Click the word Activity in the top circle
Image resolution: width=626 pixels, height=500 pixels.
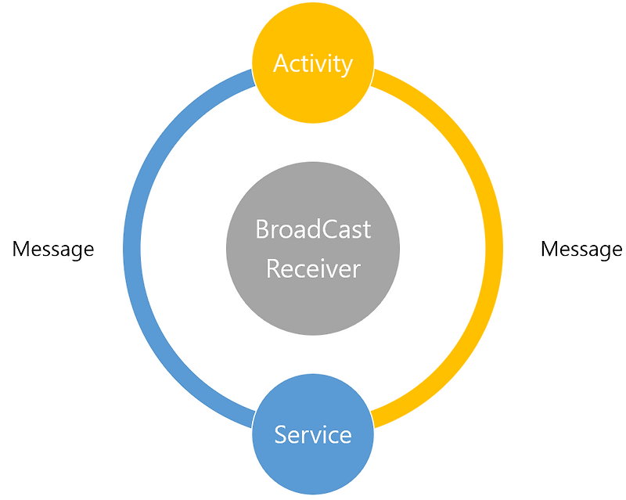point(313,63)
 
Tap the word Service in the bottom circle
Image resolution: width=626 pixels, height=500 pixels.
point(313,434)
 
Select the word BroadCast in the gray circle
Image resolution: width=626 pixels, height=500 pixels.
point(313,230)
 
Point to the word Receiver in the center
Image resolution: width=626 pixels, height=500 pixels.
point(313,268)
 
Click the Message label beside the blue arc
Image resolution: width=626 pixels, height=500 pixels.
point(53,249)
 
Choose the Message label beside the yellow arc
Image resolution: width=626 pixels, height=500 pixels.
point(581,249)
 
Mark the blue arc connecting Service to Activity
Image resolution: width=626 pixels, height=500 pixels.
point(132,249)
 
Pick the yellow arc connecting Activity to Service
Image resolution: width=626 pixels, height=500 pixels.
point(494,249)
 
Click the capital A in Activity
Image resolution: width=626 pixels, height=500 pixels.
point(281,63)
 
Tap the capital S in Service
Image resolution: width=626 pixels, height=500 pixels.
point(281,434)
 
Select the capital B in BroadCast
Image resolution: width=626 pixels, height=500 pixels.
point(262,230)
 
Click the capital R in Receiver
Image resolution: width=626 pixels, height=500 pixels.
point(272,268)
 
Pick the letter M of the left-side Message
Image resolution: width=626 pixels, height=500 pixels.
point(20,249)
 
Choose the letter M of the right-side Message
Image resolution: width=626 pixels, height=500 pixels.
point(549,249)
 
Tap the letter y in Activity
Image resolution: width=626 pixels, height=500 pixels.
point(347,67)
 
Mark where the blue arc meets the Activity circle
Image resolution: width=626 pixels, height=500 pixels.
point(254,78)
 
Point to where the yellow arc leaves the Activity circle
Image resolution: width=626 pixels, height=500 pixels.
point(372,78)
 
